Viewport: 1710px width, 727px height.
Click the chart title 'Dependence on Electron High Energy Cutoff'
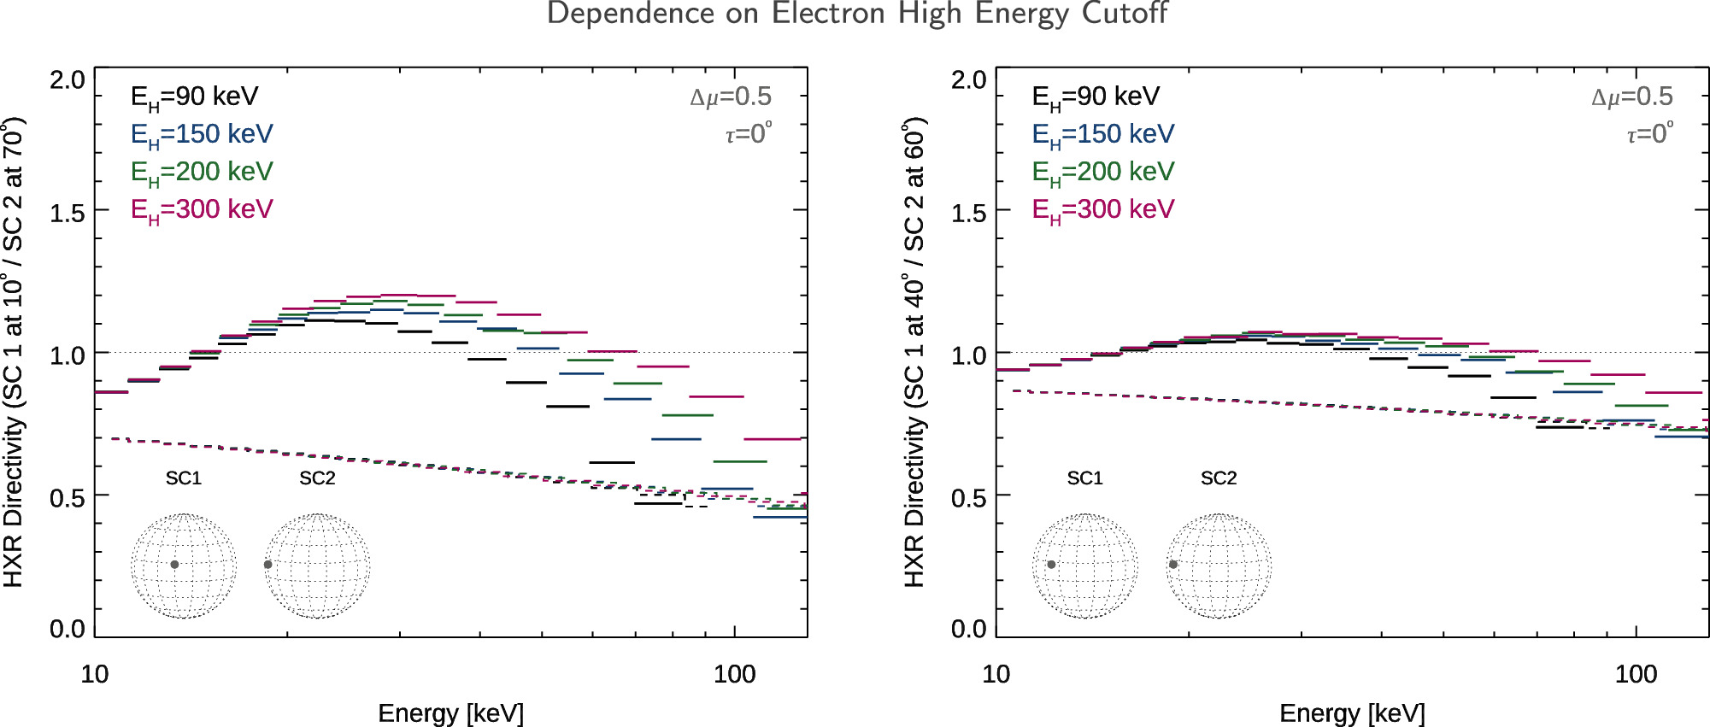point(856,15)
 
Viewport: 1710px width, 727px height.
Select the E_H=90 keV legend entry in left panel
point(194,97)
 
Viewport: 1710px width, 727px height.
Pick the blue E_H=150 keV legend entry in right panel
point(1102,135)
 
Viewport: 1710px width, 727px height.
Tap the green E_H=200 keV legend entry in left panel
point(201,173)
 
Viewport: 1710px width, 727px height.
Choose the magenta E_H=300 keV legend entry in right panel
point(1102,210)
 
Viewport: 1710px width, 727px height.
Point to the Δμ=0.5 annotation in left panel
point(731,97)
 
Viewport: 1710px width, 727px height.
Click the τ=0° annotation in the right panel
point(1649,134)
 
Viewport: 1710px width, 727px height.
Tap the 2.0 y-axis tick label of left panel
point(68,80)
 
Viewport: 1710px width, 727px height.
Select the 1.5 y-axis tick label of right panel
point(969,213)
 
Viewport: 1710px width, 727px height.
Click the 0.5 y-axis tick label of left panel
point(68,497)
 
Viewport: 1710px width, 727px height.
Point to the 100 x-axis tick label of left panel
point(734,674)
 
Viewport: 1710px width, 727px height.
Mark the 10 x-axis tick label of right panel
point(996,674)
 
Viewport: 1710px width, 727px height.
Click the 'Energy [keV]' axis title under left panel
point(450,713)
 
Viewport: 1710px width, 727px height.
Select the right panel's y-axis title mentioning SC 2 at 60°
point(914,352)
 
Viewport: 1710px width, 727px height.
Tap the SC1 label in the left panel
point(184,478)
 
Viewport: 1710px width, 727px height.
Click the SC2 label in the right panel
point(1219,478)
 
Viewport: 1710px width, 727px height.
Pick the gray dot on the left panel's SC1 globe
point(174,565)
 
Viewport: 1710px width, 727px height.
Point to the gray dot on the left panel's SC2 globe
point(268,565)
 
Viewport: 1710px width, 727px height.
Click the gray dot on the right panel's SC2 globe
point(1173,565)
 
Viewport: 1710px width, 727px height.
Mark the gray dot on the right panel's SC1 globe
point(1051,565)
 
